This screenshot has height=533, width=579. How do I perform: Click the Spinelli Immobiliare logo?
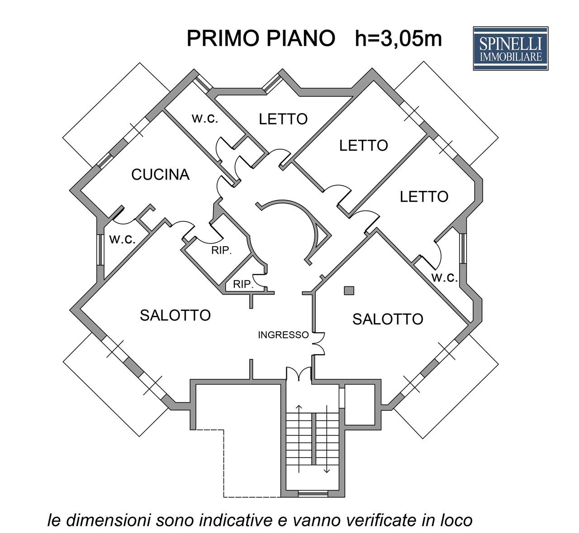510,48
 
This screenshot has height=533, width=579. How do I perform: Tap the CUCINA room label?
160,174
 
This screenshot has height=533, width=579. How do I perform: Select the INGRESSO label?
283,335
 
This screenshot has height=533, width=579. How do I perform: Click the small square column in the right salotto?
348,290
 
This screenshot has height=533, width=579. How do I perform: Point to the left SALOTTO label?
176,315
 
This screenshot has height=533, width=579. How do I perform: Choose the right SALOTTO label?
388,319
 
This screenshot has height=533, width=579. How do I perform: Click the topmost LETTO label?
283,119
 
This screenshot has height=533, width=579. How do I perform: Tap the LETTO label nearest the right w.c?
424,196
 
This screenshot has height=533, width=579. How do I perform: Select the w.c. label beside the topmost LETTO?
205,119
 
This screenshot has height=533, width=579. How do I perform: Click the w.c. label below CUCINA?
122,239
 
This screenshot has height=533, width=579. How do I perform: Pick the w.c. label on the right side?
445,277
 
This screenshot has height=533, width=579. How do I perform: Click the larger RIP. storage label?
222,251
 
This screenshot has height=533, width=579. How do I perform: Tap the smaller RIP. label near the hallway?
242,285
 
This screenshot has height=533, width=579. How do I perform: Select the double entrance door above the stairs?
299,373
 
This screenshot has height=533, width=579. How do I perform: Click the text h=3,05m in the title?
399,39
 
